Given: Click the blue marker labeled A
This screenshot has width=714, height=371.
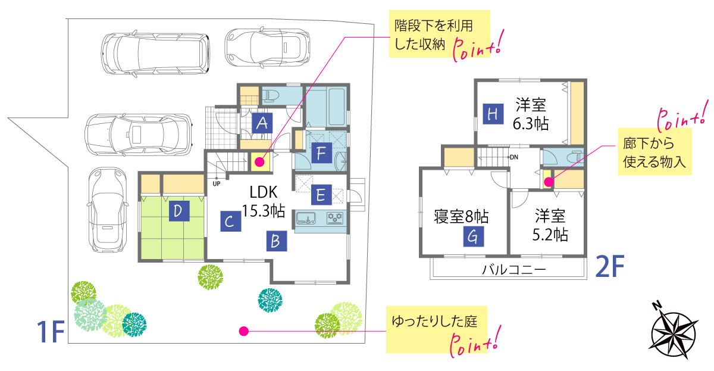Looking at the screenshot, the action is [x=262, y=123].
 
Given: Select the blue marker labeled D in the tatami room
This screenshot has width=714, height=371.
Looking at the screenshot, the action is [x=179, y=211].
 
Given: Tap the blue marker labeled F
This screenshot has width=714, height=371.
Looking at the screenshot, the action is [x=322, y=153].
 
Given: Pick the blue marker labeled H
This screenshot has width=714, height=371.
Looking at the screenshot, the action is [x=493, y=114].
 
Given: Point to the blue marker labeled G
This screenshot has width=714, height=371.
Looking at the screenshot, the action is [x=474, y=236].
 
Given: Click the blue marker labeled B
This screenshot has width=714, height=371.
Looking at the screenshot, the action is [x=276, y=241].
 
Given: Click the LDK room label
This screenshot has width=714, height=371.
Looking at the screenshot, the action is [x=264, y=192].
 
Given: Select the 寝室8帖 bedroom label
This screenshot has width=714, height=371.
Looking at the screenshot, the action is [x=461, y=217].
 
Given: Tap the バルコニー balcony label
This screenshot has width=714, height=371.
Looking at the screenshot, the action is [x=514, y=270].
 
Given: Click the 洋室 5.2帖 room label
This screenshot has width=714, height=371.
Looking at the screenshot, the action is [x=550, y=225].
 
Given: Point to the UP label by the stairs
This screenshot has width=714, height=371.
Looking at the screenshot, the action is [x=217, y=184].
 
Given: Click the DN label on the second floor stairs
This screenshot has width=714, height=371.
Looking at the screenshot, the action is [x=514, y=157].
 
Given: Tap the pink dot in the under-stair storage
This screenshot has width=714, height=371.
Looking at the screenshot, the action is [x=260, y=162].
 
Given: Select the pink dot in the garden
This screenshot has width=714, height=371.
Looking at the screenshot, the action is [x=243, y=331].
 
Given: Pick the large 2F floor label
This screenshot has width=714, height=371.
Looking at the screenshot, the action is [x=609, y=266].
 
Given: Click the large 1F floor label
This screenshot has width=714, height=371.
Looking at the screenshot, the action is [x=51, y=332].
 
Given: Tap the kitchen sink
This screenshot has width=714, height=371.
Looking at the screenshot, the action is [x=306, y=218].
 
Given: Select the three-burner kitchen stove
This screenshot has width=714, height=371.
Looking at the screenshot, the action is [x=335, y=218].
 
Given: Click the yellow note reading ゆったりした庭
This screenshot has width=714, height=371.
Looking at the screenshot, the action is [x=437, y=329].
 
